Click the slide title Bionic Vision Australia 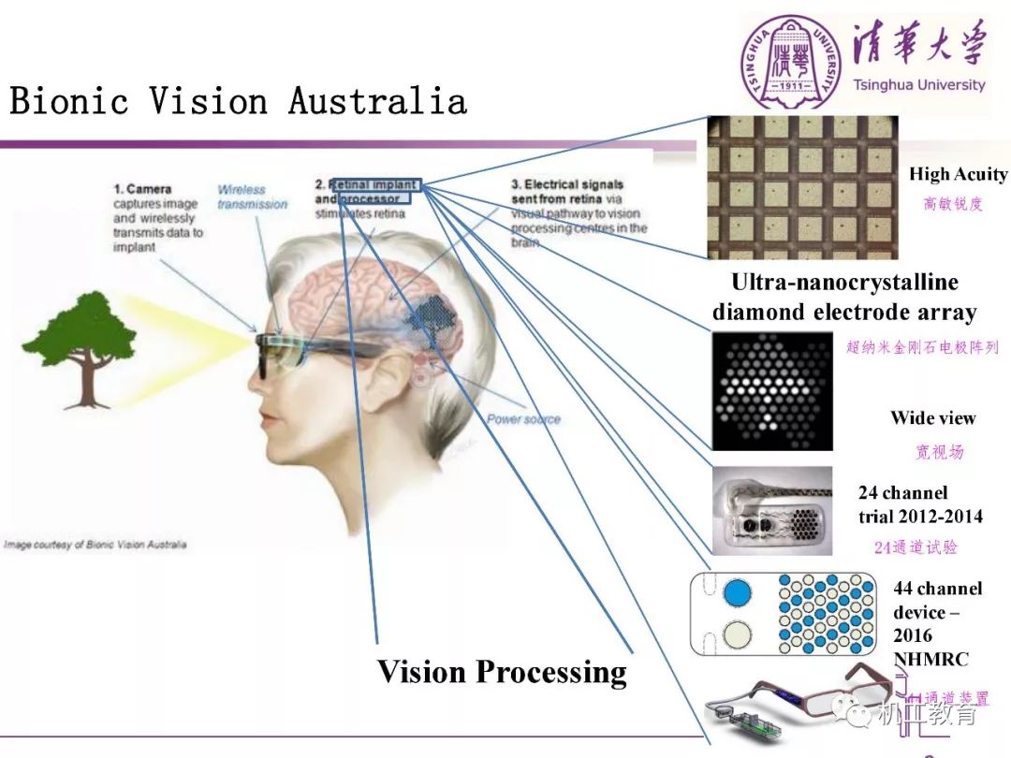238,101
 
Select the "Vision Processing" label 502,672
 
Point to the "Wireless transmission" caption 252,197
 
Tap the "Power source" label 523,418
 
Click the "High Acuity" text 958,174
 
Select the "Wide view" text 932,418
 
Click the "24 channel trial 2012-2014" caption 919,504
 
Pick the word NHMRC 930,659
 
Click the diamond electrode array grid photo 802,187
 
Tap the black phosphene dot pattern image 771,390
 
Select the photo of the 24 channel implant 771,510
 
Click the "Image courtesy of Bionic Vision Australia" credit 95,545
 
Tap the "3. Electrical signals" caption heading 566,185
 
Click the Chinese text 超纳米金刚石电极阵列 921,347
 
